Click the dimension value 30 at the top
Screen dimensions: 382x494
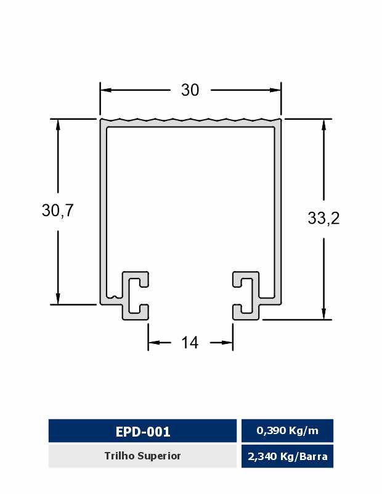190,90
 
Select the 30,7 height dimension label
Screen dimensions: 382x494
57,210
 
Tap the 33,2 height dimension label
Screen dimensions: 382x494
324,218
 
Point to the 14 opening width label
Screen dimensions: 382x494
190,343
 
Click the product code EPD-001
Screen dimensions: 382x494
143,431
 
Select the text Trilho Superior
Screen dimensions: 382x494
142,456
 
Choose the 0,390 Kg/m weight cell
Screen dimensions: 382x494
287,430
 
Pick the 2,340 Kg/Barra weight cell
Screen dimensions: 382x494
287,456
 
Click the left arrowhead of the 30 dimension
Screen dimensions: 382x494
106,90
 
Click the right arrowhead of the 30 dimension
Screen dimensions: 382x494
275,90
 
